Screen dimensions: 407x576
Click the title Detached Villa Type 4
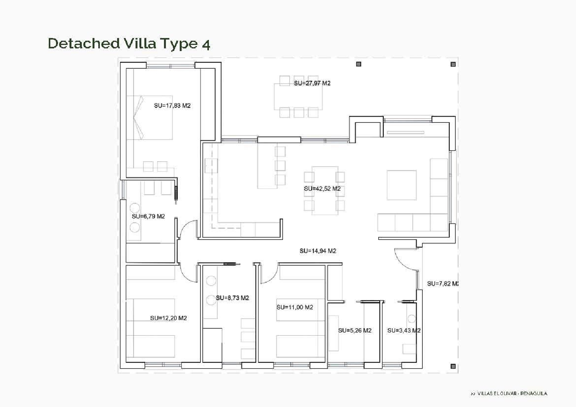coord(129,43)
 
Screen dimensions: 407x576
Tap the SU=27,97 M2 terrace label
coord(312,83)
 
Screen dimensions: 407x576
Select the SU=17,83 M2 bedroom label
coord(172,106)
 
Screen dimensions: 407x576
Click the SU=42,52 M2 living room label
coord(322,189)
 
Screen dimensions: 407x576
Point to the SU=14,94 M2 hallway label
coord(318,251)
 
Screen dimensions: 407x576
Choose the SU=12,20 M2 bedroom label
coord(168,318)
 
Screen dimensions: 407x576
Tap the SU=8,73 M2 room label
coord(232,298)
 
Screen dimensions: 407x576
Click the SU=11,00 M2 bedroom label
coord(295,307)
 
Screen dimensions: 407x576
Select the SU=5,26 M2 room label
coord(354,330)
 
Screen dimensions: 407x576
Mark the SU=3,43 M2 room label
coord(404,330)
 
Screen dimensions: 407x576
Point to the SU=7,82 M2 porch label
coord(443,283)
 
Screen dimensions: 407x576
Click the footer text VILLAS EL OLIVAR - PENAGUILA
coord(509,393)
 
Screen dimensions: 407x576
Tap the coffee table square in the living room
coord(402,185)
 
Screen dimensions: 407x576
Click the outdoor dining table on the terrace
coord(298,96)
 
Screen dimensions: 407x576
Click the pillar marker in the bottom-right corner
coord(453,366)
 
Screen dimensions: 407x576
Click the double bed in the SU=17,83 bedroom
coord(150,117)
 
